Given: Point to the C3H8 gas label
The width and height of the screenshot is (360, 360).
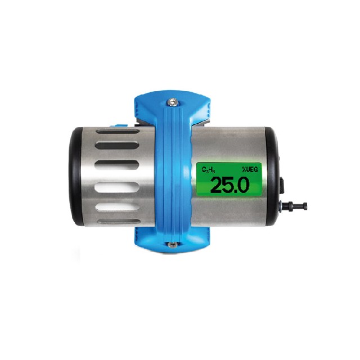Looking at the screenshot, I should pos(208,168).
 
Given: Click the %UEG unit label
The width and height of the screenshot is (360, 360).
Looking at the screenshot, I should pos(251,168).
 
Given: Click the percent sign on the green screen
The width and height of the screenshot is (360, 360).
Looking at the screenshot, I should pos(244,168).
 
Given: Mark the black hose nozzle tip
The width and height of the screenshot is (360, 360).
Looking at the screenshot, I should pos(304,206).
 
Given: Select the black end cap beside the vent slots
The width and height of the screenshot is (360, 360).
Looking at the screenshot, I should pos(75,177).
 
